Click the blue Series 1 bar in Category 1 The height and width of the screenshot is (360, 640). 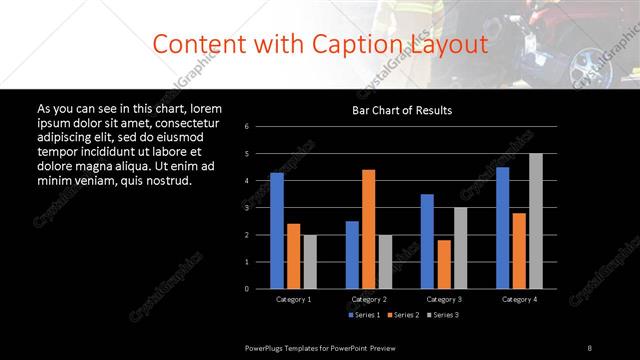[x=277, y=230]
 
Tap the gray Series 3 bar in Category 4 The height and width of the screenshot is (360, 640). [x=535, y=220]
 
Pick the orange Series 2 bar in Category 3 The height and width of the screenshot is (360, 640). [x=443, y=263]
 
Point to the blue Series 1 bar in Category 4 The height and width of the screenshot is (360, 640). [x=502, y=227]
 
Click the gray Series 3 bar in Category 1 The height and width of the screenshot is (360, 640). [x=309, y=261]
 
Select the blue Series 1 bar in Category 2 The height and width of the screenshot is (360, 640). [x=352, y=254]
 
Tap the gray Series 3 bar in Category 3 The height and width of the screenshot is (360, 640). [x=460, y=247]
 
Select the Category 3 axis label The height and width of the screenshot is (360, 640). [x=443, y=299]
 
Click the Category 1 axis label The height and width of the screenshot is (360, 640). [x=293, y=299]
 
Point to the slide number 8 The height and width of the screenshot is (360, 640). [x=589, y=347]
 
